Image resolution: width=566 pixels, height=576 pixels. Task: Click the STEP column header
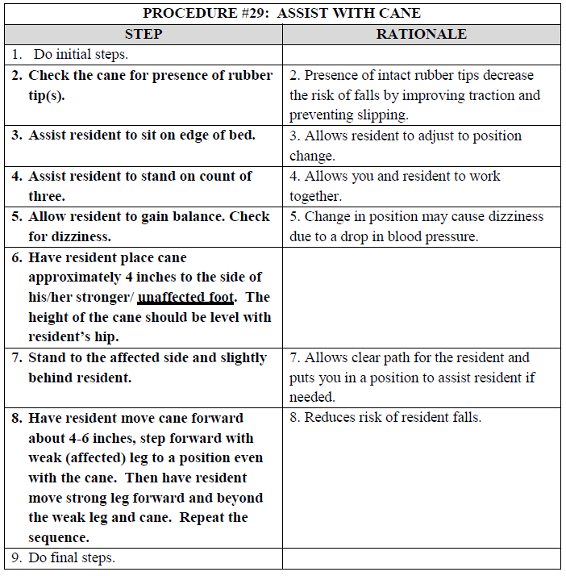tap(144, 34)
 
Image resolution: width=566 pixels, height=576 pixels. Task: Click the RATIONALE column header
tap(421, 34)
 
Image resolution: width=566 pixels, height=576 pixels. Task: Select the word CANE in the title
tap(401, 13)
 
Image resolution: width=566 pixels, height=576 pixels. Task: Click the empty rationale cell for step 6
tap(421, 297)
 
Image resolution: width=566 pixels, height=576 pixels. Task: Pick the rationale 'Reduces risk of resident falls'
tap(392, 418)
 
